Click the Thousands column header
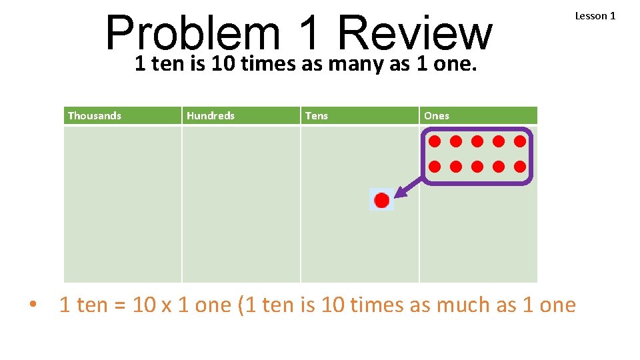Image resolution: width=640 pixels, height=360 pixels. [95, 116]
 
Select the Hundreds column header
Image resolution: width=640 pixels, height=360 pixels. [211, 116]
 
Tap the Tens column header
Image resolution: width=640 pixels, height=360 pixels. [317, 116]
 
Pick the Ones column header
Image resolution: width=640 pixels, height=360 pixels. [437, 116]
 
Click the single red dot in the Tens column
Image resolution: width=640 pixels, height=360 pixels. [382, 200]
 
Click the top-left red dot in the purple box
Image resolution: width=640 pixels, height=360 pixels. [435, 141]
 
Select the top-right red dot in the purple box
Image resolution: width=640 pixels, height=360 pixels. [520, 141]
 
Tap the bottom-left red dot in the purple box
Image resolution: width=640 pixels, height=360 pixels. [435, 166]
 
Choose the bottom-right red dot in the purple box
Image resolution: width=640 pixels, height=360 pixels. [520, 166]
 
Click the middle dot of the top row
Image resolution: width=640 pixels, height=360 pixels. [477, 141]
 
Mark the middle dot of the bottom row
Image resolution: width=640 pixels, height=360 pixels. [477, 166]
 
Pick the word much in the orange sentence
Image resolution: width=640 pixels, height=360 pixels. [464, 305]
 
